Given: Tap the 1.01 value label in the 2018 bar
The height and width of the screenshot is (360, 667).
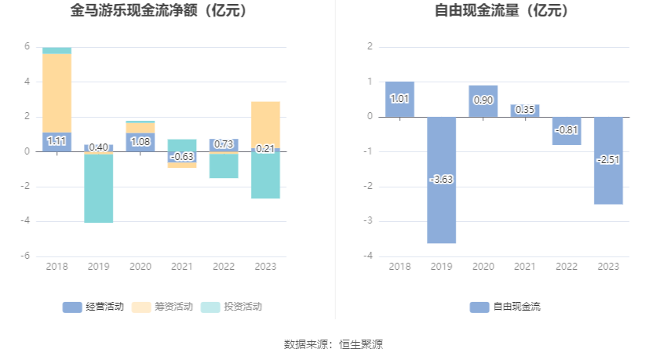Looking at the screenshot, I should click(399, 99).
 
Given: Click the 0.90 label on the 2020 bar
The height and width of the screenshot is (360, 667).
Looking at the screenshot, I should click(483, 100).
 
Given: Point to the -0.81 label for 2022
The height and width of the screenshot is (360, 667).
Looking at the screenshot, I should click(567, 130).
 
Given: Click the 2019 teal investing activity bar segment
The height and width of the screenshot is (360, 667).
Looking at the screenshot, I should click(99, 188).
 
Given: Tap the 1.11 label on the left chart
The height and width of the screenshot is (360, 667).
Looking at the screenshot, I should click(56, 141).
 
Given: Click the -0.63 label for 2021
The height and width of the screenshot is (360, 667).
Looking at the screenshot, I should click(182, 157).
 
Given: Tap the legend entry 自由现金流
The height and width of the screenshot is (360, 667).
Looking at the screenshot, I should click(506, 307).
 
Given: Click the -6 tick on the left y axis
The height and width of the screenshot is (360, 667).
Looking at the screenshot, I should click(26, 256).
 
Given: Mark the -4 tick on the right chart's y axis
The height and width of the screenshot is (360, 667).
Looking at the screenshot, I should click(368, 256).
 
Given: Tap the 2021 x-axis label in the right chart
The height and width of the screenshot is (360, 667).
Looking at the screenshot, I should click(525, 267).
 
